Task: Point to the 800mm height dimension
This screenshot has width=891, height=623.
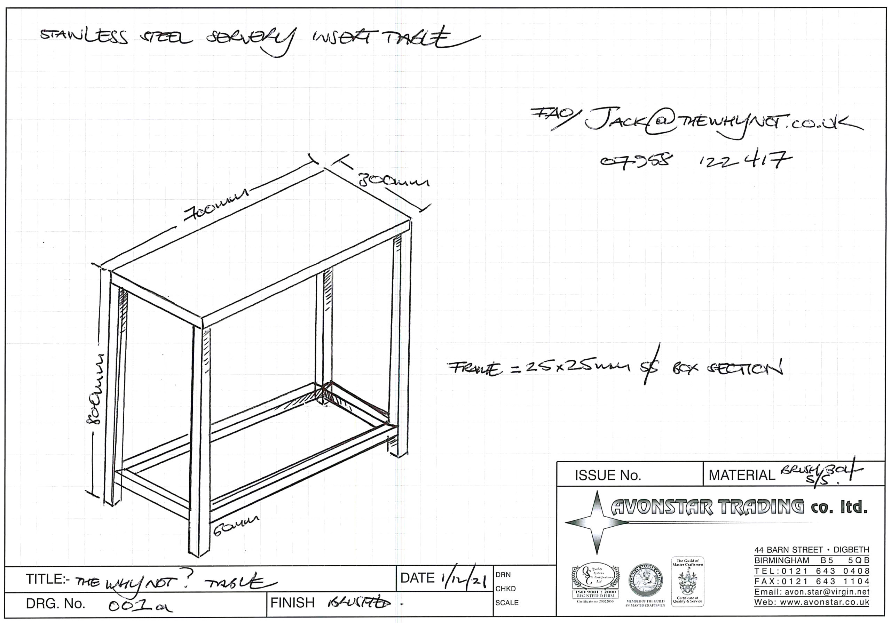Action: point(97,388)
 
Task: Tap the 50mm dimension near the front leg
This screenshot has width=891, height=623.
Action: point(236,526)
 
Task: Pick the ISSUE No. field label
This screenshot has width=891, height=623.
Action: point(607,476)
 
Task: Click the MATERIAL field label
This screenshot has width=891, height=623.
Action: point(742,476)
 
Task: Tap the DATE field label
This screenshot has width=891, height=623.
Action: point(417,578)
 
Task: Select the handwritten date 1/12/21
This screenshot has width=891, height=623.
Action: point(463,579)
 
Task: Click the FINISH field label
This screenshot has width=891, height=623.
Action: point(292,603)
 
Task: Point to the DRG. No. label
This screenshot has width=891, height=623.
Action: point(55,604)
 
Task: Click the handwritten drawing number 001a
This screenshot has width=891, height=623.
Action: point(140,605)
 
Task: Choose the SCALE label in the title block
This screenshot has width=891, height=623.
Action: point(507,602)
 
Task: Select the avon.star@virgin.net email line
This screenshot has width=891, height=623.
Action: point(811,592)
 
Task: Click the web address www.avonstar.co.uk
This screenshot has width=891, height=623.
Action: point(811,602)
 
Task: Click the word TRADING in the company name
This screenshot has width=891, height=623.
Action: point(760,507)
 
